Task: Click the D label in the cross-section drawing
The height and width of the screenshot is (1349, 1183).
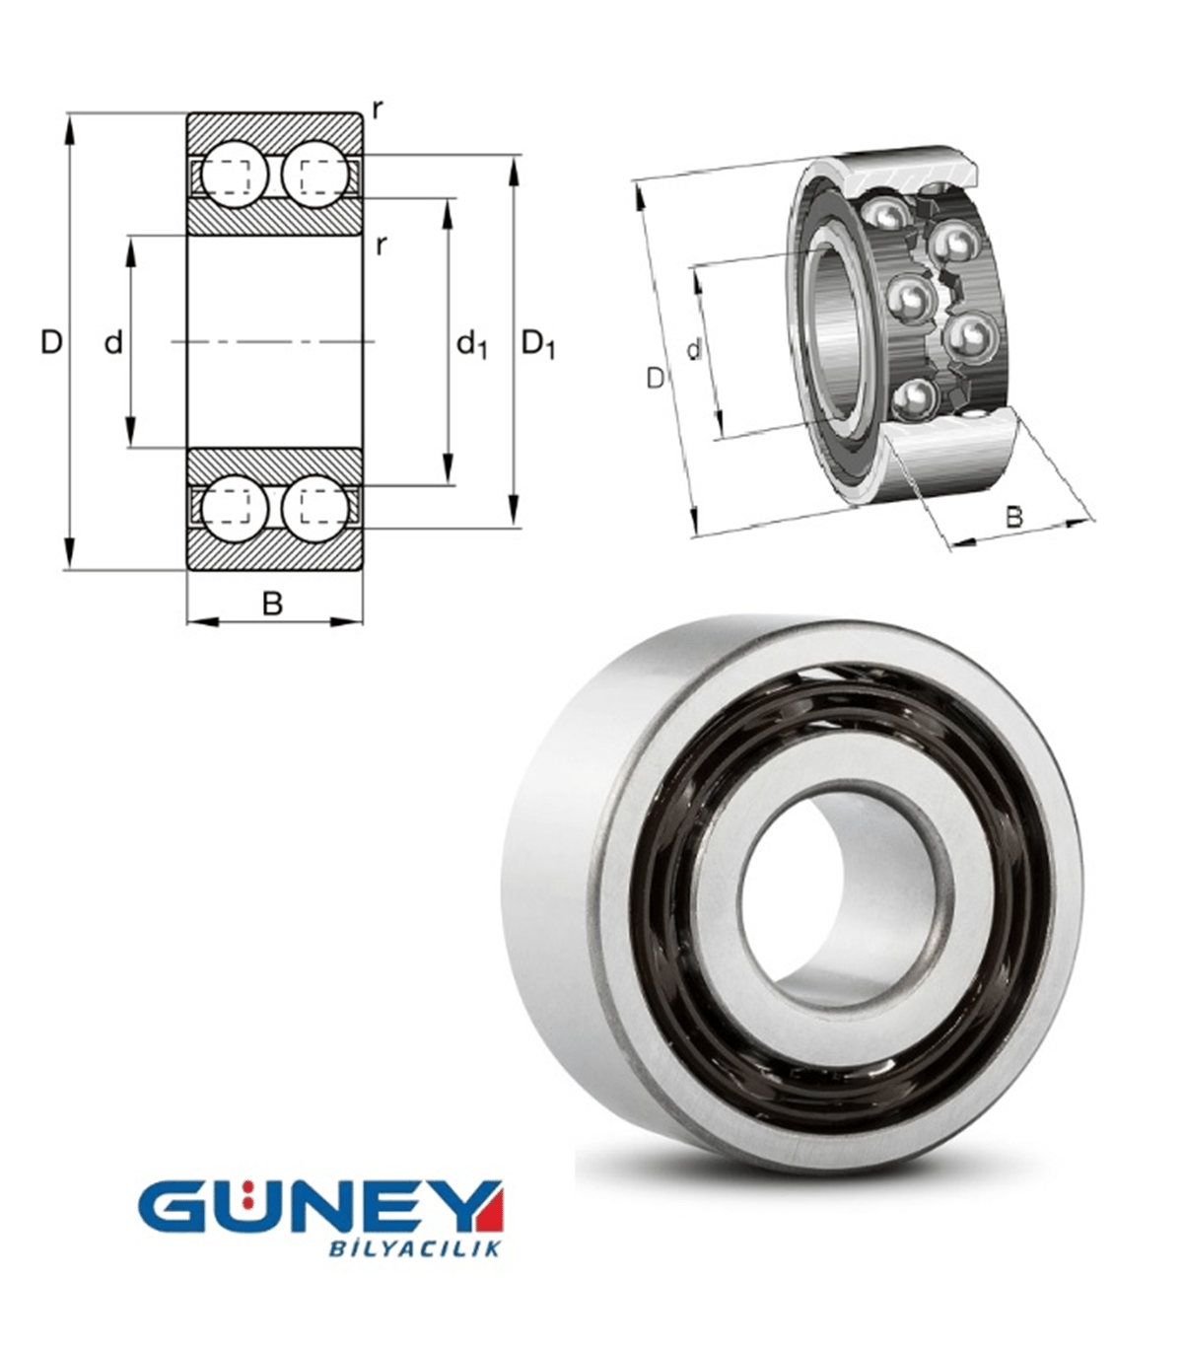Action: click(x=51, y=342)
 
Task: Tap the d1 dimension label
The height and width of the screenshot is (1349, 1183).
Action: click(x=471, y=344)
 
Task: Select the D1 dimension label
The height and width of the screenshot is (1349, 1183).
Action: click(x=538, y=344)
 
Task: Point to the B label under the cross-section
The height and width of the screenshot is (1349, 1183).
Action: click(x=273, y=603)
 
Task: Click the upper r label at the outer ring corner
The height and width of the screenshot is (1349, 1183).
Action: click(x=378, y=109)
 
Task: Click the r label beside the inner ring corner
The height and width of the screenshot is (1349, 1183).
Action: click(x=381, y=246)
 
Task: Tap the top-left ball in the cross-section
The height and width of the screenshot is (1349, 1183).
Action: click(x=234, y=175)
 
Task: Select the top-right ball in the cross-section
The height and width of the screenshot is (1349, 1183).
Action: click(x=315, y=175)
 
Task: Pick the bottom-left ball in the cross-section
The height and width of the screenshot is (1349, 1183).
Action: click(x=234, y=509)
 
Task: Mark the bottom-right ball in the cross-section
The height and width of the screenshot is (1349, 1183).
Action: click(x=315, y=509)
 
